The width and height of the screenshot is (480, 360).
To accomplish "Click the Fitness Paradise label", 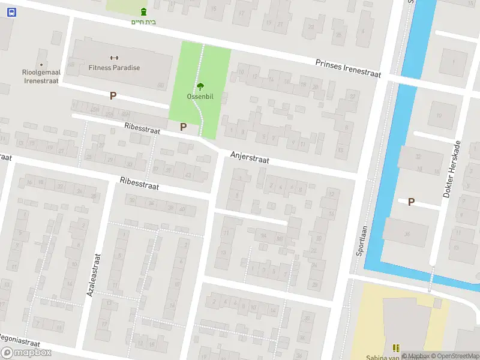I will pyautogui.click(x=114, y=68).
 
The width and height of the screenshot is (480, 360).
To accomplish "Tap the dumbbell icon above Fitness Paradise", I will pyautogui.click(x=115, y=58).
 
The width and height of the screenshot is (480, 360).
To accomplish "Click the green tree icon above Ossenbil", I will pyautogui.click(x=200, y=86).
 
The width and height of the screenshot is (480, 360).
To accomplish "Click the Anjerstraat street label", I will pyautogui.click(x=250, y=158).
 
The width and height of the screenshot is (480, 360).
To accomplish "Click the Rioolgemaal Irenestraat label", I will pyautogui.click(x=40, y=76).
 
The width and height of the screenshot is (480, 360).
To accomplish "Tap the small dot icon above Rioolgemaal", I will pyautogui.click(x=41, y=64).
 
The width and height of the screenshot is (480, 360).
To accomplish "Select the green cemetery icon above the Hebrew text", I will pyautogui.click(x=143, y=12).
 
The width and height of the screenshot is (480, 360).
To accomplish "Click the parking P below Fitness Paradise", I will pyautogui.click(x=113, y=95).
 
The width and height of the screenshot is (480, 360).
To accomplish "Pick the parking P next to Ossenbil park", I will pyautogui.click(x=183, y=127).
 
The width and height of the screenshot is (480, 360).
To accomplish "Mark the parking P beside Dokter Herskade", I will pyautogui.click(x=411, y=202).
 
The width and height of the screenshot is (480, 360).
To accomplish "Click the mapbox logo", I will pyautogui.click(x=26, y=352).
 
